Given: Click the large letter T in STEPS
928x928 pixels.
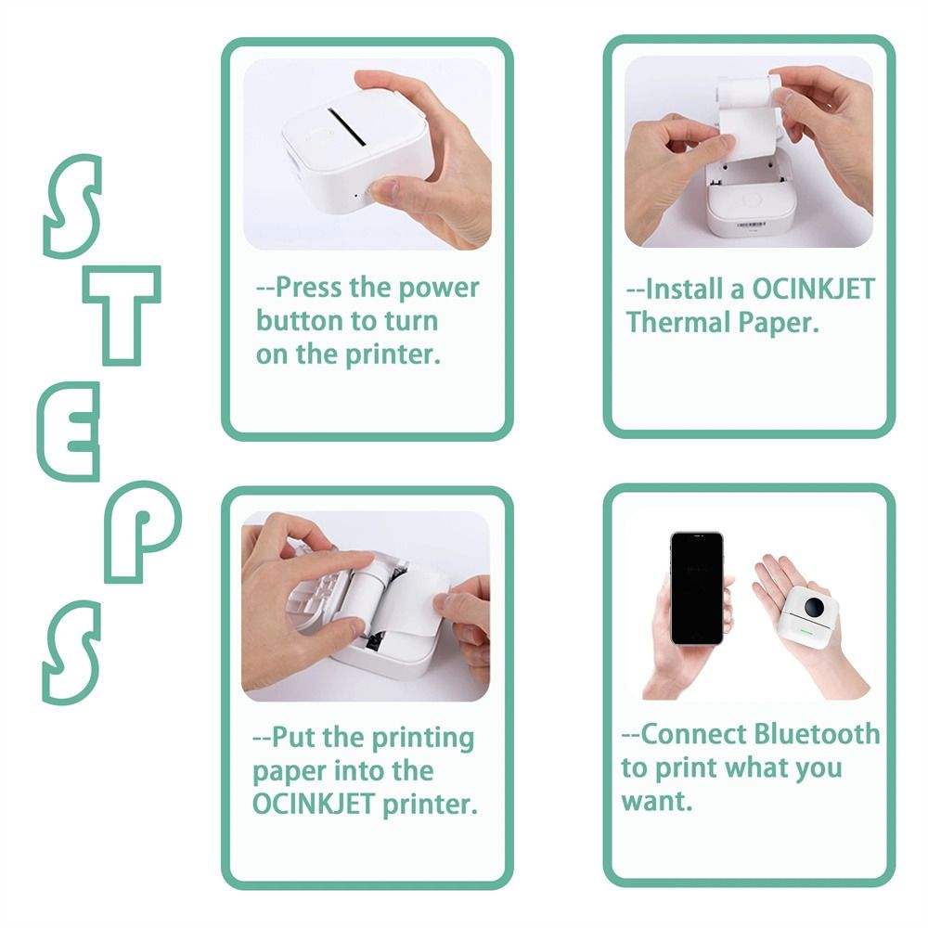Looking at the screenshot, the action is point(122,296).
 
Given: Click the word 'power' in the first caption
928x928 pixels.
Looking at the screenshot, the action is point(438,290).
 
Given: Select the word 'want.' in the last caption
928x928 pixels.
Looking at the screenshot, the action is point(657,802).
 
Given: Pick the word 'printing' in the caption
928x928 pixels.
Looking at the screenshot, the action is point(423,739).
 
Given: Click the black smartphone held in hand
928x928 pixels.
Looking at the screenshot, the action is point(697,587).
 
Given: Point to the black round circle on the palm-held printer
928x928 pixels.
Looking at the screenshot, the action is point(815,607).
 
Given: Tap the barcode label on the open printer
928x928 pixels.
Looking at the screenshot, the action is point(751,225).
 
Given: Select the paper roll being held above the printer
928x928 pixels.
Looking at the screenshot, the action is point(747,114).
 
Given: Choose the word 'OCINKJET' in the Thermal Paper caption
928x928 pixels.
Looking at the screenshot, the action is point(813,290).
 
